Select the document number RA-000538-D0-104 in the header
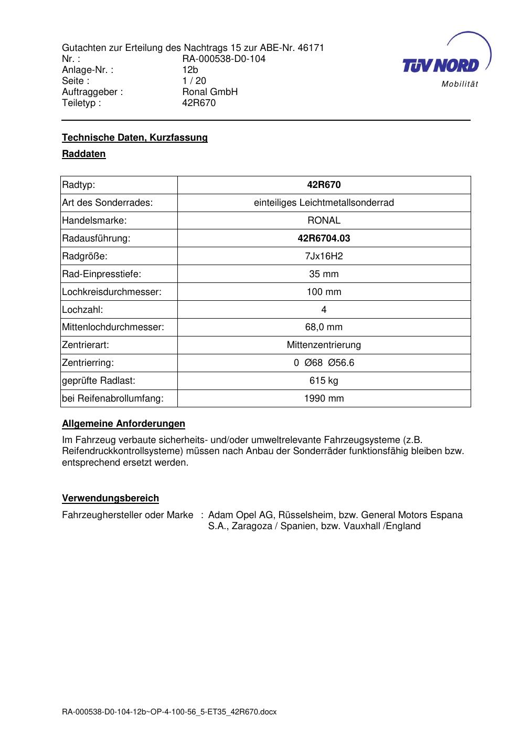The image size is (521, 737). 224,59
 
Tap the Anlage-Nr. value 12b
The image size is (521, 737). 190,70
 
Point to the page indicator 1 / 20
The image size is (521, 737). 194,81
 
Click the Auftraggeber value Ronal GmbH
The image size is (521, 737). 210,92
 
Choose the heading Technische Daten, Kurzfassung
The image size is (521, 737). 135,138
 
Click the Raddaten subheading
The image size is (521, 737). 84,154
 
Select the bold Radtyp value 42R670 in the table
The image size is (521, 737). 324,185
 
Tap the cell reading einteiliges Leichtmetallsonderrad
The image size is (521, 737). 324,203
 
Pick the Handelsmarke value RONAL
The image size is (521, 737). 324,220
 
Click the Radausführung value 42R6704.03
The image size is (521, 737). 324,238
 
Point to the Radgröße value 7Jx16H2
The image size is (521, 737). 324,256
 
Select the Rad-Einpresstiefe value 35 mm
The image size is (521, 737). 324,274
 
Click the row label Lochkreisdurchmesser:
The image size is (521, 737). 112,292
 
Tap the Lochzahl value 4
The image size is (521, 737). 324,310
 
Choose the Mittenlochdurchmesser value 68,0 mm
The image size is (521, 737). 324,328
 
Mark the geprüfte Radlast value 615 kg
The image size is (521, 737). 324,381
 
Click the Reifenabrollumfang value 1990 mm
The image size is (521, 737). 324,398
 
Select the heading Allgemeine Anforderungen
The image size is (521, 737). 123,424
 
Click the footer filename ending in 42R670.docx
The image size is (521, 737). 169,712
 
